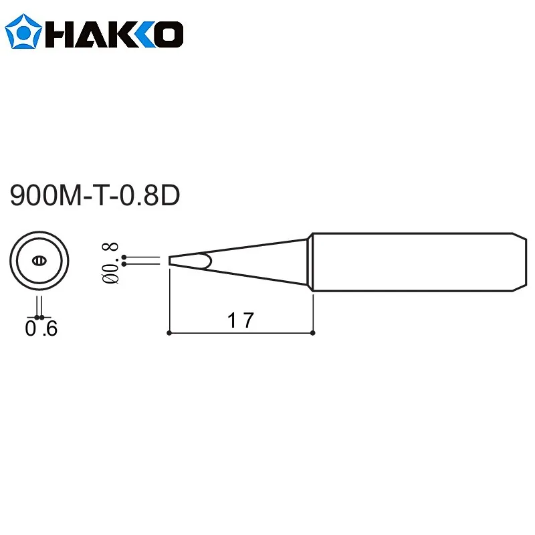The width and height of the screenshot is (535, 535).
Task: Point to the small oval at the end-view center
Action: tap(39, 260)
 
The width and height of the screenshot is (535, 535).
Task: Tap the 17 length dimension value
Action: tap(239, 321)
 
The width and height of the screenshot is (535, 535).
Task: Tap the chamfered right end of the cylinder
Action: tap(519, 261)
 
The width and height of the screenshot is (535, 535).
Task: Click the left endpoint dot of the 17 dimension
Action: tap(169, 332)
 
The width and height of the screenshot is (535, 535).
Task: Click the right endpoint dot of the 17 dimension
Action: tap(313, 332)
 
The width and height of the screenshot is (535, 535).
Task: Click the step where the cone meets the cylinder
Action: tap(310, 261)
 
